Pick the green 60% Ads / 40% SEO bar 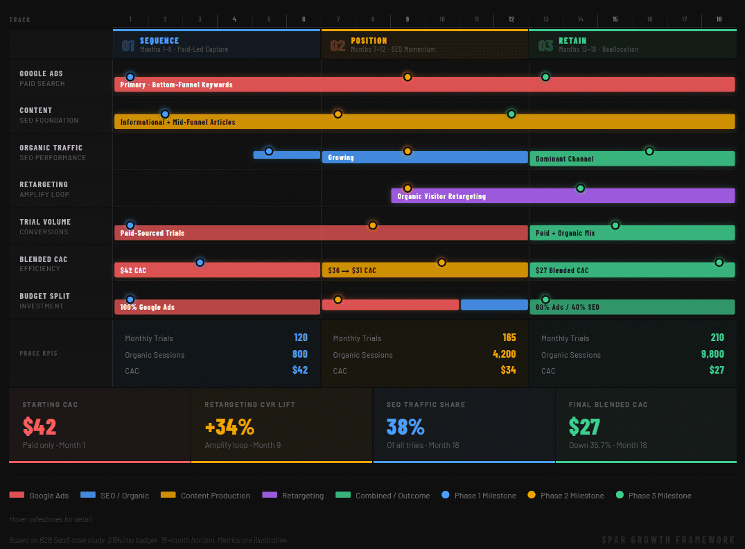coord(631,307)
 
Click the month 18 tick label coord(719,19)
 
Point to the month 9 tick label coord(407,19)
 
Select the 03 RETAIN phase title coord(572,41)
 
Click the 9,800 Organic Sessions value coord(712,354)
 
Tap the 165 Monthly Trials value coord(509,338)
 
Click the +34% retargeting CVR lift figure coord(229,426)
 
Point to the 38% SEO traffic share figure coord(405,426)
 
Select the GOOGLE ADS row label coord(41,73)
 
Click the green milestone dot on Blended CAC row coord(719,263)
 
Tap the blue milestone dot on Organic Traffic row coord(269,151)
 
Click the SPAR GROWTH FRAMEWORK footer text coord(668,540)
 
